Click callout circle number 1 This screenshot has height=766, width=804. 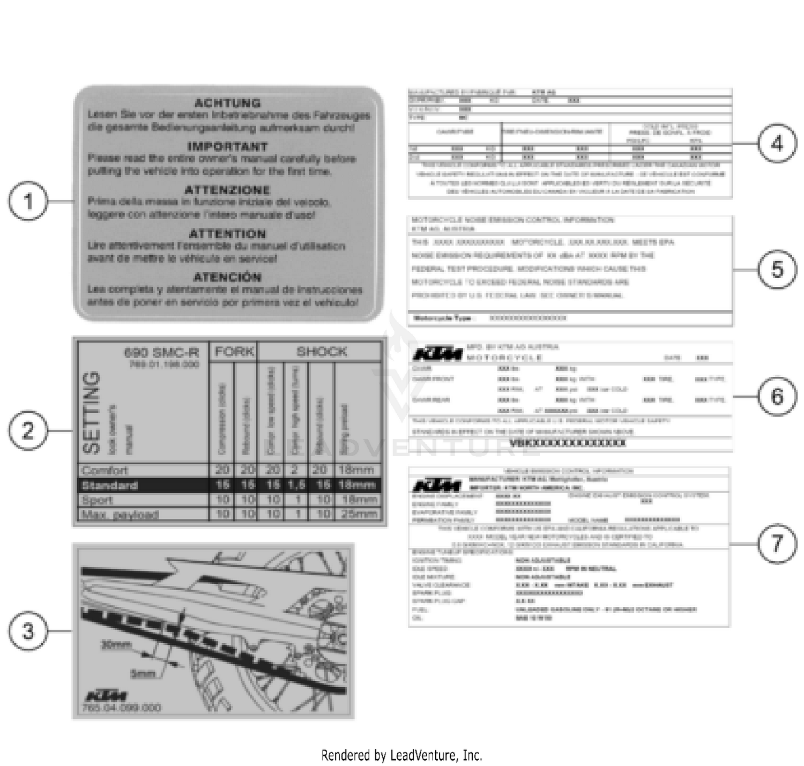(x=28, y=202)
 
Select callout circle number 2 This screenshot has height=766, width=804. (x=28, y=431)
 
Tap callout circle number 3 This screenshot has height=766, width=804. (x=28, y=631)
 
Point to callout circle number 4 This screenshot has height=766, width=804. (x=777, y=143)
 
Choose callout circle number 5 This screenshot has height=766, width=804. (x=777, y=269)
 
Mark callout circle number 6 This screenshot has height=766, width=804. (x=777, y=397)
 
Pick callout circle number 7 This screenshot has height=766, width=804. (x=777, y=544)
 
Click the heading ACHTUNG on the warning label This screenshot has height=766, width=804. (x=227, y=103)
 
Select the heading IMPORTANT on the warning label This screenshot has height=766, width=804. (x=227, y=146)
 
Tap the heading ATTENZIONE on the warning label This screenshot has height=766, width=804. (x=227, y=190)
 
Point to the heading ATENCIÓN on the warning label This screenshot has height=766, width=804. (x=227, y=277)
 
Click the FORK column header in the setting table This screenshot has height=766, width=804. (x=234, y=352)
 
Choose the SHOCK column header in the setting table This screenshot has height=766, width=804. (x=322, y=352)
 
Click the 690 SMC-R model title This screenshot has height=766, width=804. (x=161, y=352)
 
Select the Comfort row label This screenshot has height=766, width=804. (x=105, y=471)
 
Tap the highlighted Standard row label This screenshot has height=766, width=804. (x=109, y=486)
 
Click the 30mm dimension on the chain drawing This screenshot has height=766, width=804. (x=116, y=645)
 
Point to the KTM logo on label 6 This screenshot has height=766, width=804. (x=437, y=354)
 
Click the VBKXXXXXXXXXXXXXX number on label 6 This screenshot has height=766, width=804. (x=567, y=443)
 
